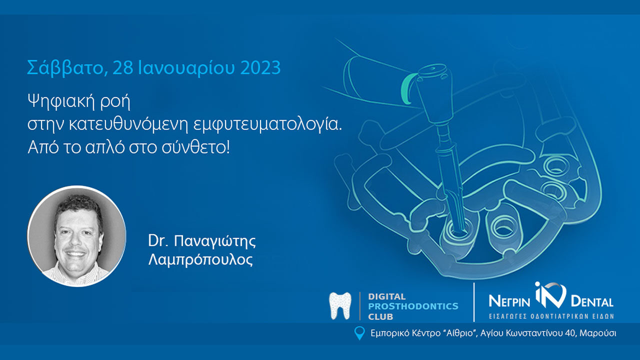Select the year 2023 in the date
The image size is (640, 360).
click(x=260, y=67)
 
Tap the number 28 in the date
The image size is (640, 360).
click(x=123, y=67)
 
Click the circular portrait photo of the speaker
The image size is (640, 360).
click(x=76, y=236)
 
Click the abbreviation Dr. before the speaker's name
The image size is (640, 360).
click(x=157, y=241)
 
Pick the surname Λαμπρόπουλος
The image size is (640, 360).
click(x=200, y=260)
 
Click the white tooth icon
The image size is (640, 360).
click(x=340, y=306)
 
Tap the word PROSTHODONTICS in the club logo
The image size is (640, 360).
click(x=413, y=306)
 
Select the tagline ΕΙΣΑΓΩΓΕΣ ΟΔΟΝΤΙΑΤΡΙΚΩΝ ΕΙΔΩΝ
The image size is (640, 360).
click(x=550, y=316)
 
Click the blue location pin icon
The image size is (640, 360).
click(x=359, y=333)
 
